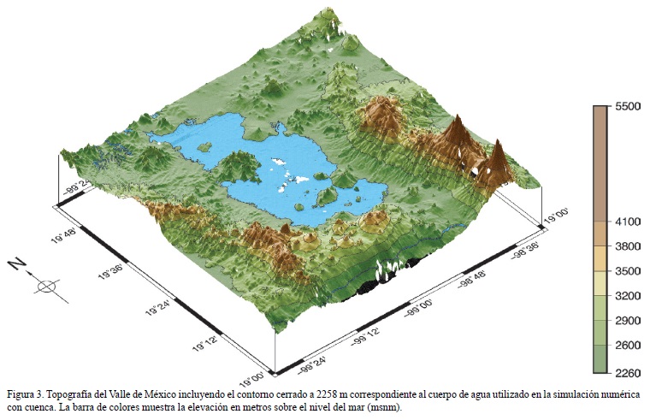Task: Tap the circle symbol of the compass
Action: (49, 286)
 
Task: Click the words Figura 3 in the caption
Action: (25, 394)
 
